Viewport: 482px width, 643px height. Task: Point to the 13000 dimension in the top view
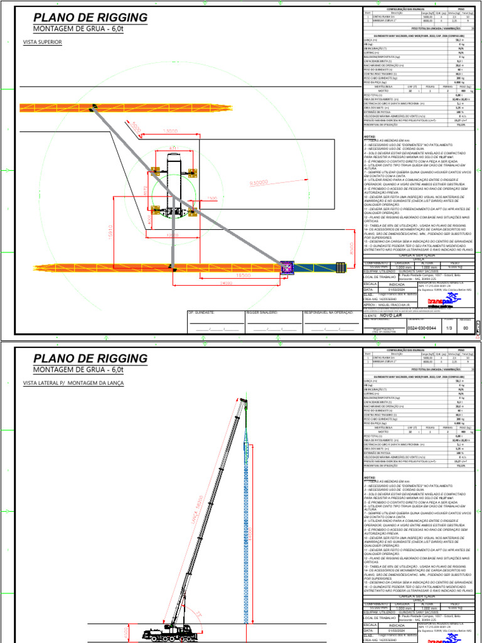(x=170, y=131)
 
